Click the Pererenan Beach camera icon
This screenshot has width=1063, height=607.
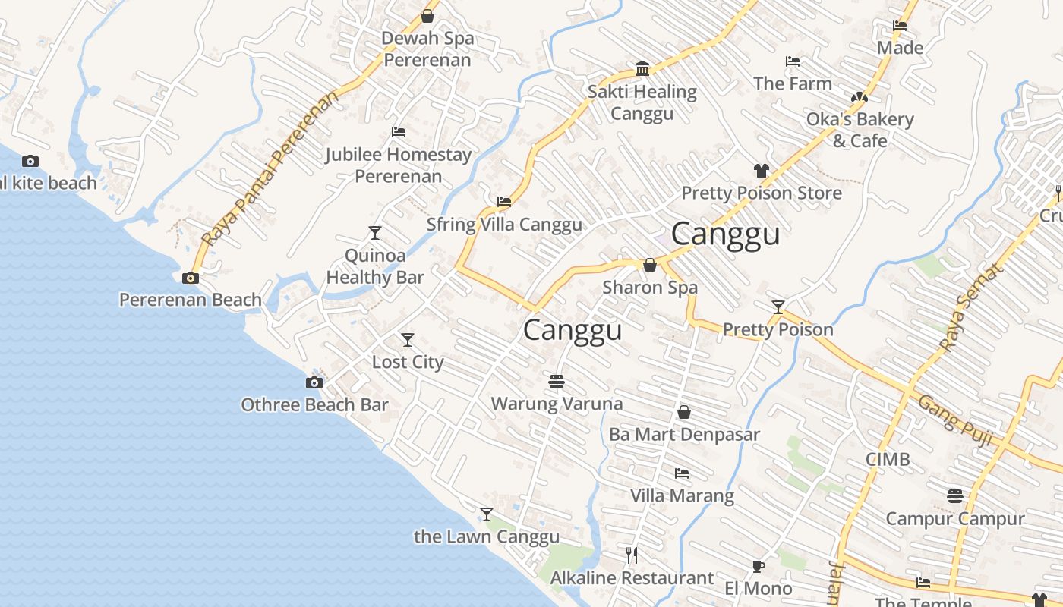click(x=191, y=278)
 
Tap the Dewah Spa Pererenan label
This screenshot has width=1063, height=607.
click(x=427, y=49)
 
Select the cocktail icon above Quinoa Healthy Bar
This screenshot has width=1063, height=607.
click(x=375, y=233)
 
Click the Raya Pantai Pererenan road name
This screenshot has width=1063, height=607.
click(x=270, y=169)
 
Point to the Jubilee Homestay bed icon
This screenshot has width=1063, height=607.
click(x=399, y=132)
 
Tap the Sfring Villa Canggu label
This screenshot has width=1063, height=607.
click(x=504, y=225)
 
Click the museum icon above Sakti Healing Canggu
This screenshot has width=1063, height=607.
click(x=642, y=69)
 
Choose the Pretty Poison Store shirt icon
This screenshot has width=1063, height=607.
click(x=762, y=171)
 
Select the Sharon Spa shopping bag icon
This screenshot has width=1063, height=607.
click(x=650, y=265)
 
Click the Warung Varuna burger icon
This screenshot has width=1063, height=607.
click(x=557, y=381)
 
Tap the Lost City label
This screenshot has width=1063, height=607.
click(x=408, y=362)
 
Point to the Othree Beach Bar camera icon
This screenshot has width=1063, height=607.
click(x=314, y=382)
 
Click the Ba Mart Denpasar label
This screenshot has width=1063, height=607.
click(x=684, y=435)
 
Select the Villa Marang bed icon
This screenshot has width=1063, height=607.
click(x=682, y=473)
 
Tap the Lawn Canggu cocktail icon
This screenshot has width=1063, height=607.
click(x=487, y=514)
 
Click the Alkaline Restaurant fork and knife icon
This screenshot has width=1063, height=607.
click(x=632, y=555)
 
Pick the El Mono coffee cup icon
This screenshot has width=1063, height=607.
click(x=758, y=566)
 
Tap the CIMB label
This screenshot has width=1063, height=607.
click(x=888, y=460)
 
